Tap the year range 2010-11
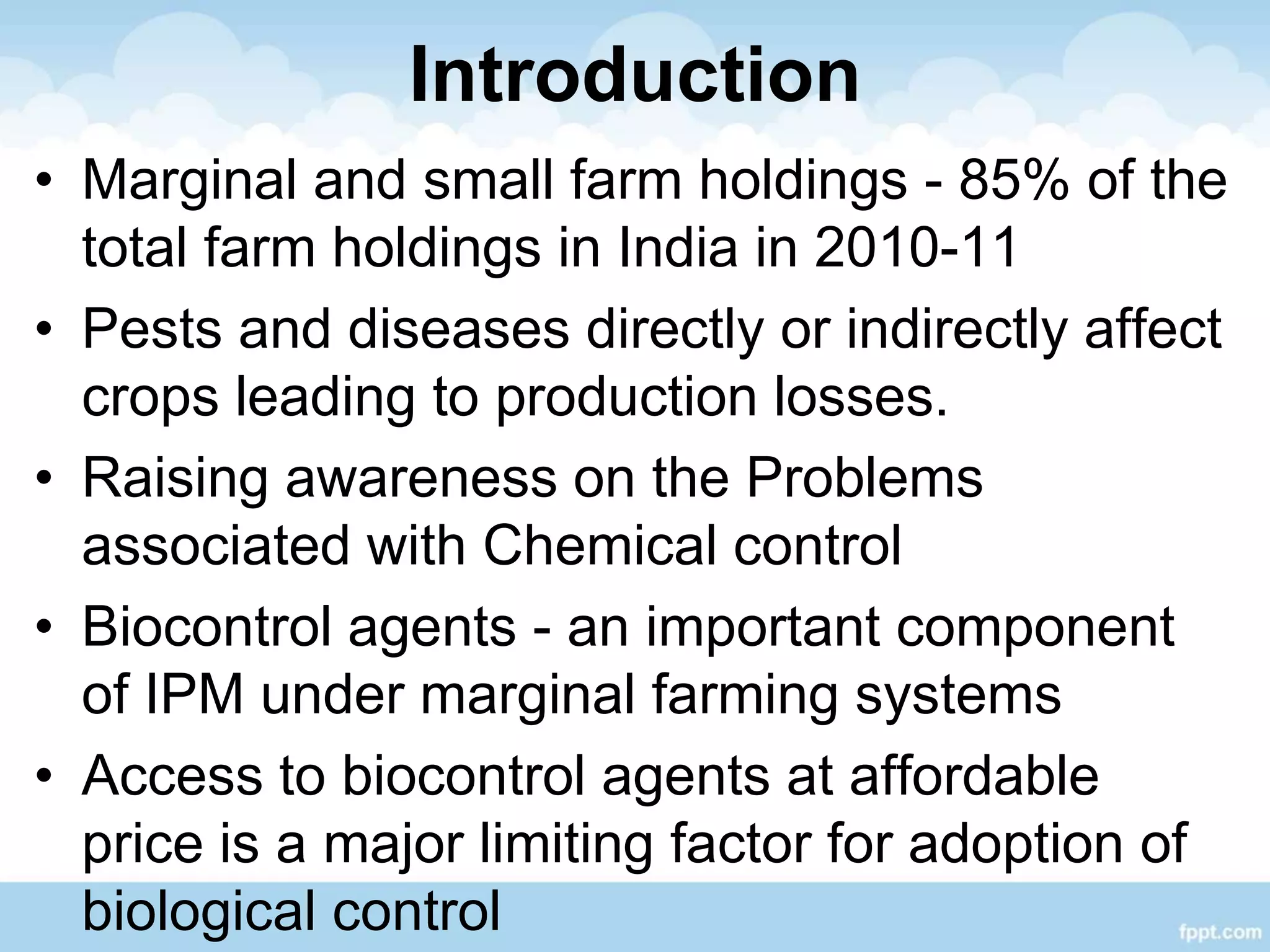[915, 247]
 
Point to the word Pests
[151, 329]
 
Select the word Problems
[864, 478]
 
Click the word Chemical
[598, 545]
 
